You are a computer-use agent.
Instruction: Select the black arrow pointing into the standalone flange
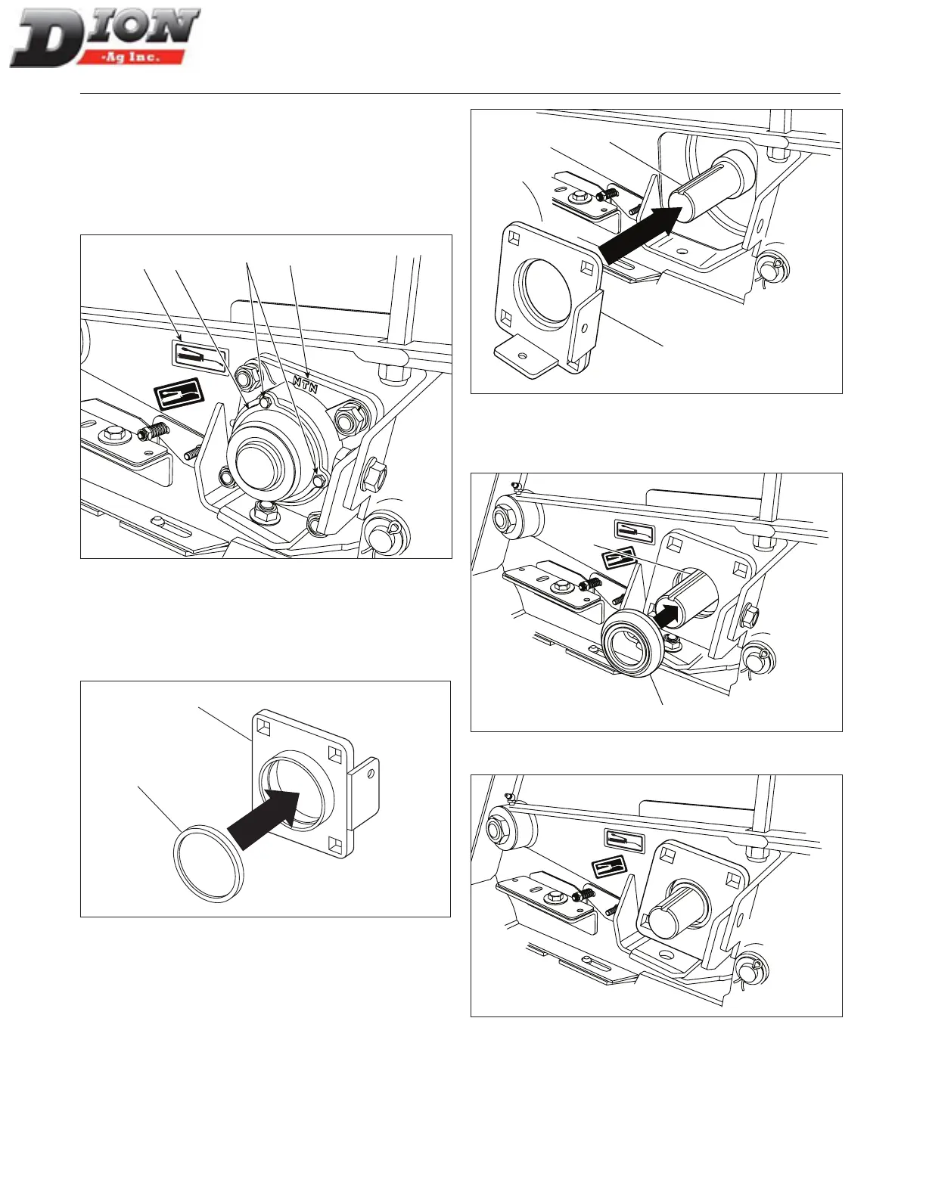266,818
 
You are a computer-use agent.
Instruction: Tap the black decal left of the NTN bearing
179,393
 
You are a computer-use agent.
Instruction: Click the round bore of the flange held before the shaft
542,291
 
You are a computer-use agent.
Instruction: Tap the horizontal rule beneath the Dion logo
460,94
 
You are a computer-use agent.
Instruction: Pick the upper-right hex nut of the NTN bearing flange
349,417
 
